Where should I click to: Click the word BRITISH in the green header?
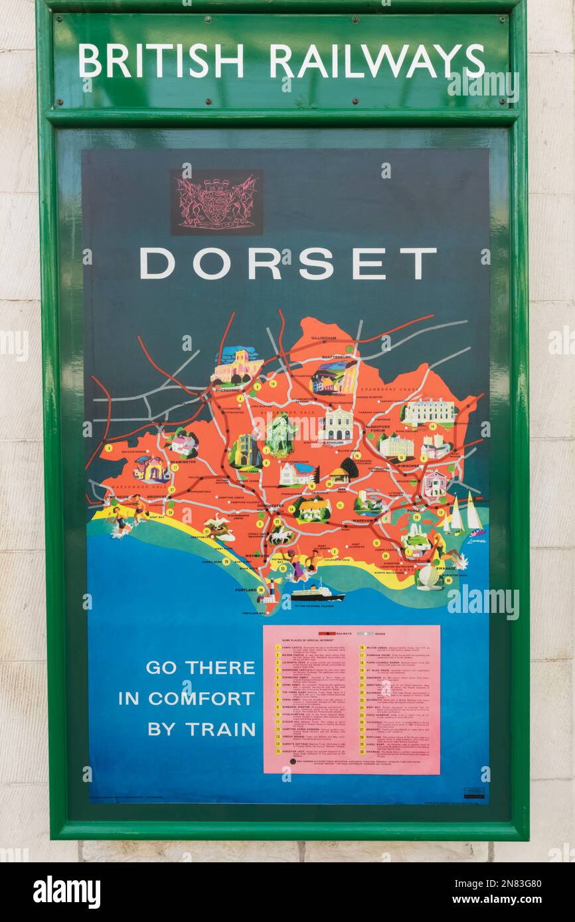click(161, 61)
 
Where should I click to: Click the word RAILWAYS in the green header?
click(376, 61)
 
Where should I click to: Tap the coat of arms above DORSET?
click(216, 202)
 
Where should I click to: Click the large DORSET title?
click(287, 263)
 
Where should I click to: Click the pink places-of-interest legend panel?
click(351, 699)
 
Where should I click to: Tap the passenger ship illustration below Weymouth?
click(317, 592)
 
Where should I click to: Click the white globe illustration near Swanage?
click(428, 578)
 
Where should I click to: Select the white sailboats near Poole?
click(463, 515)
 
